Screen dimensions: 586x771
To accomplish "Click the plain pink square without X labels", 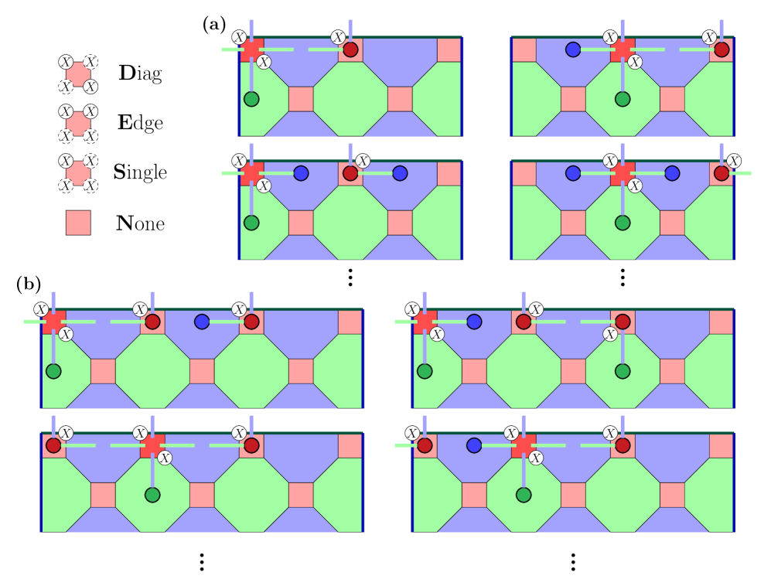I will coord(78,223).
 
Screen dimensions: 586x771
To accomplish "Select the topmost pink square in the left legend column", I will coord(78,74).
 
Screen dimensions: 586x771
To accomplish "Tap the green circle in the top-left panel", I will coord(251,99).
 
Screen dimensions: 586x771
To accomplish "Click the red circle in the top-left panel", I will coord(350,49).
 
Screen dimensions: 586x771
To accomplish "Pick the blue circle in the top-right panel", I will coord(573,49).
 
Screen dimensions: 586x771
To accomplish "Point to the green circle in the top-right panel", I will coord(623,99).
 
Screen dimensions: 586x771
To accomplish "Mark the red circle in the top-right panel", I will coord(722,49).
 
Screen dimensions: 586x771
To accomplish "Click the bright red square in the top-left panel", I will coord(252,49).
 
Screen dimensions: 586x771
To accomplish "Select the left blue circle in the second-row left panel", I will coord(301,173).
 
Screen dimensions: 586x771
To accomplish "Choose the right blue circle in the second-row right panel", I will coord(672,173).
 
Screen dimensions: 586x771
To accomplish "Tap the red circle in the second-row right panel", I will coord(722,173).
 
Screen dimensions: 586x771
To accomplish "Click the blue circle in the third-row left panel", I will coord(202,322).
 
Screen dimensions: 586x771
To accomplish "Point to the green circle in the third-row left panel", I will coord(53,371).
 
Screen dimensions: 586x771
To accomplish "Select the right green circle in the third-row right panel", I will coord(623,371).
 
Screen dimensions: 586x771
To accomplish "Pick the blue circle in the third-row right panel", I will coord(474,322).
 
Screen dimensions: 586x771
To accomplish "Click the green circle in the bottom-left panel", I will coord(152,495).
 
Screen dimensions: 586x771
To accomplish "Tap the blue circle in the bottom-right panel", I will coord(474,445).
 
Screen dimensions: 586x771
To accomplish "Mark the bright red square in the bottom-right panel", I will coord(524,445).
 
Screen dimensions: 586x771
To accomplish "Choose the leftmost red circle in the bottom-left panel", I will coord(53,445).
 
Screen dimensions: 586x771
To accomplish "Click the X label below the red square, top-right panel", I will coord(635,62).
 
